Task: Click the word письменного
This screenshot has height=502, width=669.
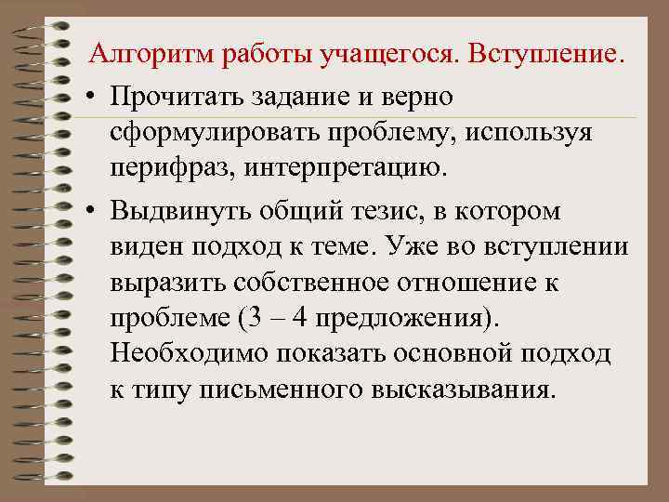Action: point(278,390)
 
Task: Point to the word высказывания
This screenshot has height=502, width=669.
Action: point(462,390)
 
